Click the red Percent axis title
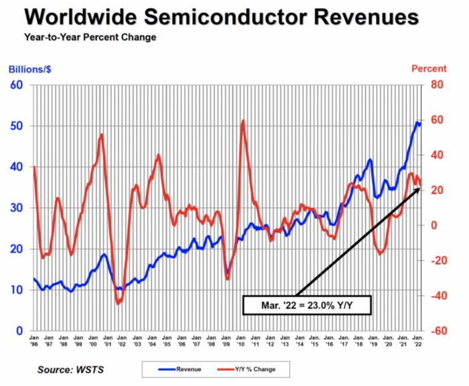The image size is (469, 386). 429,68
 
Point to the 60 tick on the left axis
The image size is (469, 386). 15,85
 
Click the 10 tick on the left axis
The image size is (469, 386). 15,290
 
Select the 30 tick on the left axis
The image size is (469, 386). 15,208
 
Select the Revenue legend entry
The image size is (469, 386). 177,369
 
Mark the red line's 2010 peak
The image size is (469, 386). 242,121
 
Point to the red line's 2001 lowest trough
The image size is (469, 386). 119,304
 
